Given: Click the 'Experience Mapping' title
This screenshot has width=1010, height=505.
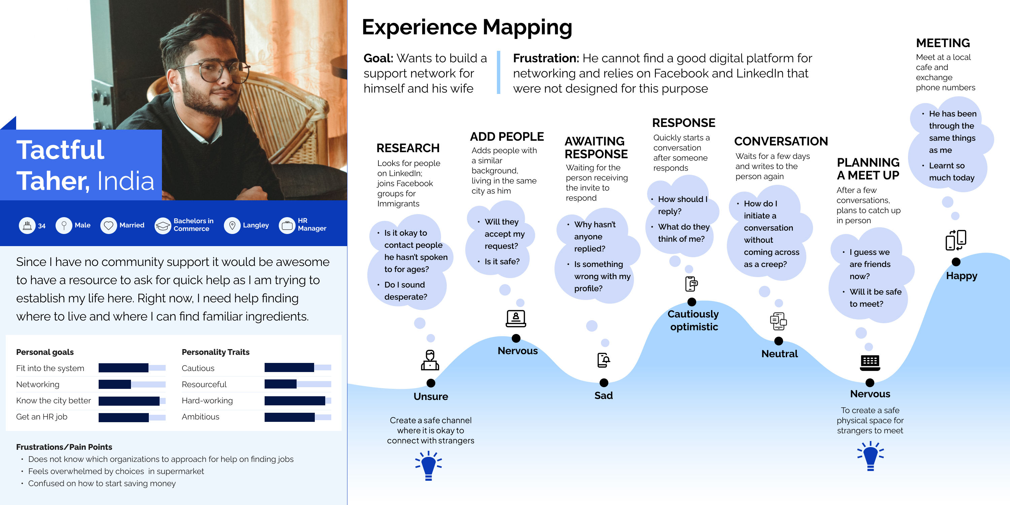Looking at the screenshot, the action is (x=467, y=28).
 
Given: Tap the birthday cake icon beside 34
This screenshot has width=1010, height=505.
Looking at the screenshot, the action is (x=27, y=226).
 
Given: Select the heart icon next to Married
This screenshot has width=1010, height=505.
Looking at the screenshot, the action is (x=109, y=226).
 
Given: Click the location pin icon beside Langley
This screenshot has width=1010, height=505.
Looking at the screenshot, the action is (x=232, y=226).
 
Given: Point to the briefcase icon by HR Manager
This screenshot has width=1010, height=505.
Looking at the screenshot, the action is (x=287, y=226).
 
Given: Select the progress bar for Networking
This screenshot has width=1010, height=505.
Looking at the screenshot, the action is (x=132, y=384).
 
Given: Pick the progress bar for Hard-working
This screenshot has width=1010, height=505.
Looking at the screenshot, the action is (x=298, y=400).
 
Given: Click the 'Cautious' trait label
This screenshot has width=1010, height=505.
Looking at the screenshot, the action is (x=198, y=368).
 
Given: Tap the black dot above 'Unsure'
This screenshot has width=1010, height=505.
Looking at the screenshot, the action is (x=431, y=383).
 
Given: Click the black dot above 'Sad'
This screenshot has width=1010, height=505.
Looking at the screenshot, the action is (x=604, y=382).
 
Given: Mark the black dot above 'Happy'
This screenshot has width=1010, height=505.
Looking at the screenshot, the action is (x=956, y=262).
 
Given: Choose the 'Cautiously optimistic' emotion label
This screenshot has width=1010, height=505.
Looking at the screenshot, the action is (x=693, y=320).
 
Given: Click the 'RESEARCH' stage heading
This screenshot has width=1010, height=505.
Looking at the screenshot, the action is (x=408, y=148).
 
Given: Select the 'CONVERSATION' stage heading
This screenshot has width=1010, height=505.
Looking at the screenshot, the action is (x=781, y=141).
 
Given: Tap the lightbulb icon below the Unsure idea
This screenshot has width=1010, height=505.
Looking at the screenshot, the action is (x=429, y=465).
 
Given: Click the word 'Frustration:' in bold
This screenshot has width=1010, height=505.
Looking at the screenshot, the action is (x=546, y=59).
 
